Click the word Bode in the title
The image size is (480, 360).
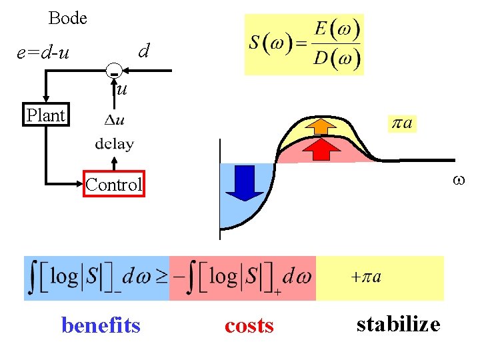[x=67, y=18]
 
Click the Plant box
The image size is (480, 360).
[x=45, y=115]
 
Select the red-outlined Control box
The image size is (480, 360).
[x=113, y=185]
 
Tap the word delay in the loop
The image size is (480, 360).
[x=114, y=143]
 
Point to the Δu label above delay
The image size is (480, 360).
[x=115, y=120]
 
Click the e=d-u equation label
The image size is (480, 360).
[x=43, y=51]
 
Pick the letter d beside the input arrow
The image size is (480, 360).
[x=143, y=50]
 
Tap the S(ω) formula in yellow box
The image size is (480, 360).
[x=304, y=45]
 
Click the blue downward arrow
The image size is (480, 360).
[x=245, y=182]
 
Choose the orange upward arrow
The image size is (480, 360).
[x=324, y=127]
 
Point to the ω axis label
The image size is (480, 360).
[x=457, y=180]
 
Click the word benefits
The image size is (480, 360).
[x=101, y=325]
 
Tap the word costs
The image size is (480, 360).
[x=249, y=325]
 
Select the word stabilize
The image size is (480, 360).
[x=398, y=324]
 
